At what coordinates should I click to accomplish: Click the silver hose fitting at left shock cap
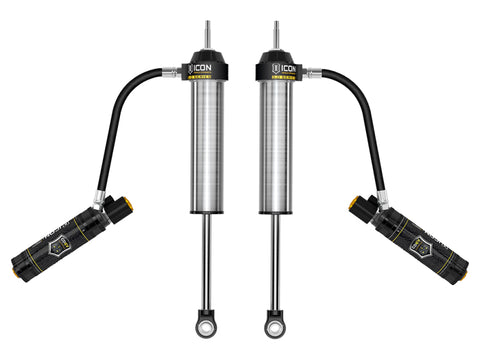180,72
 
